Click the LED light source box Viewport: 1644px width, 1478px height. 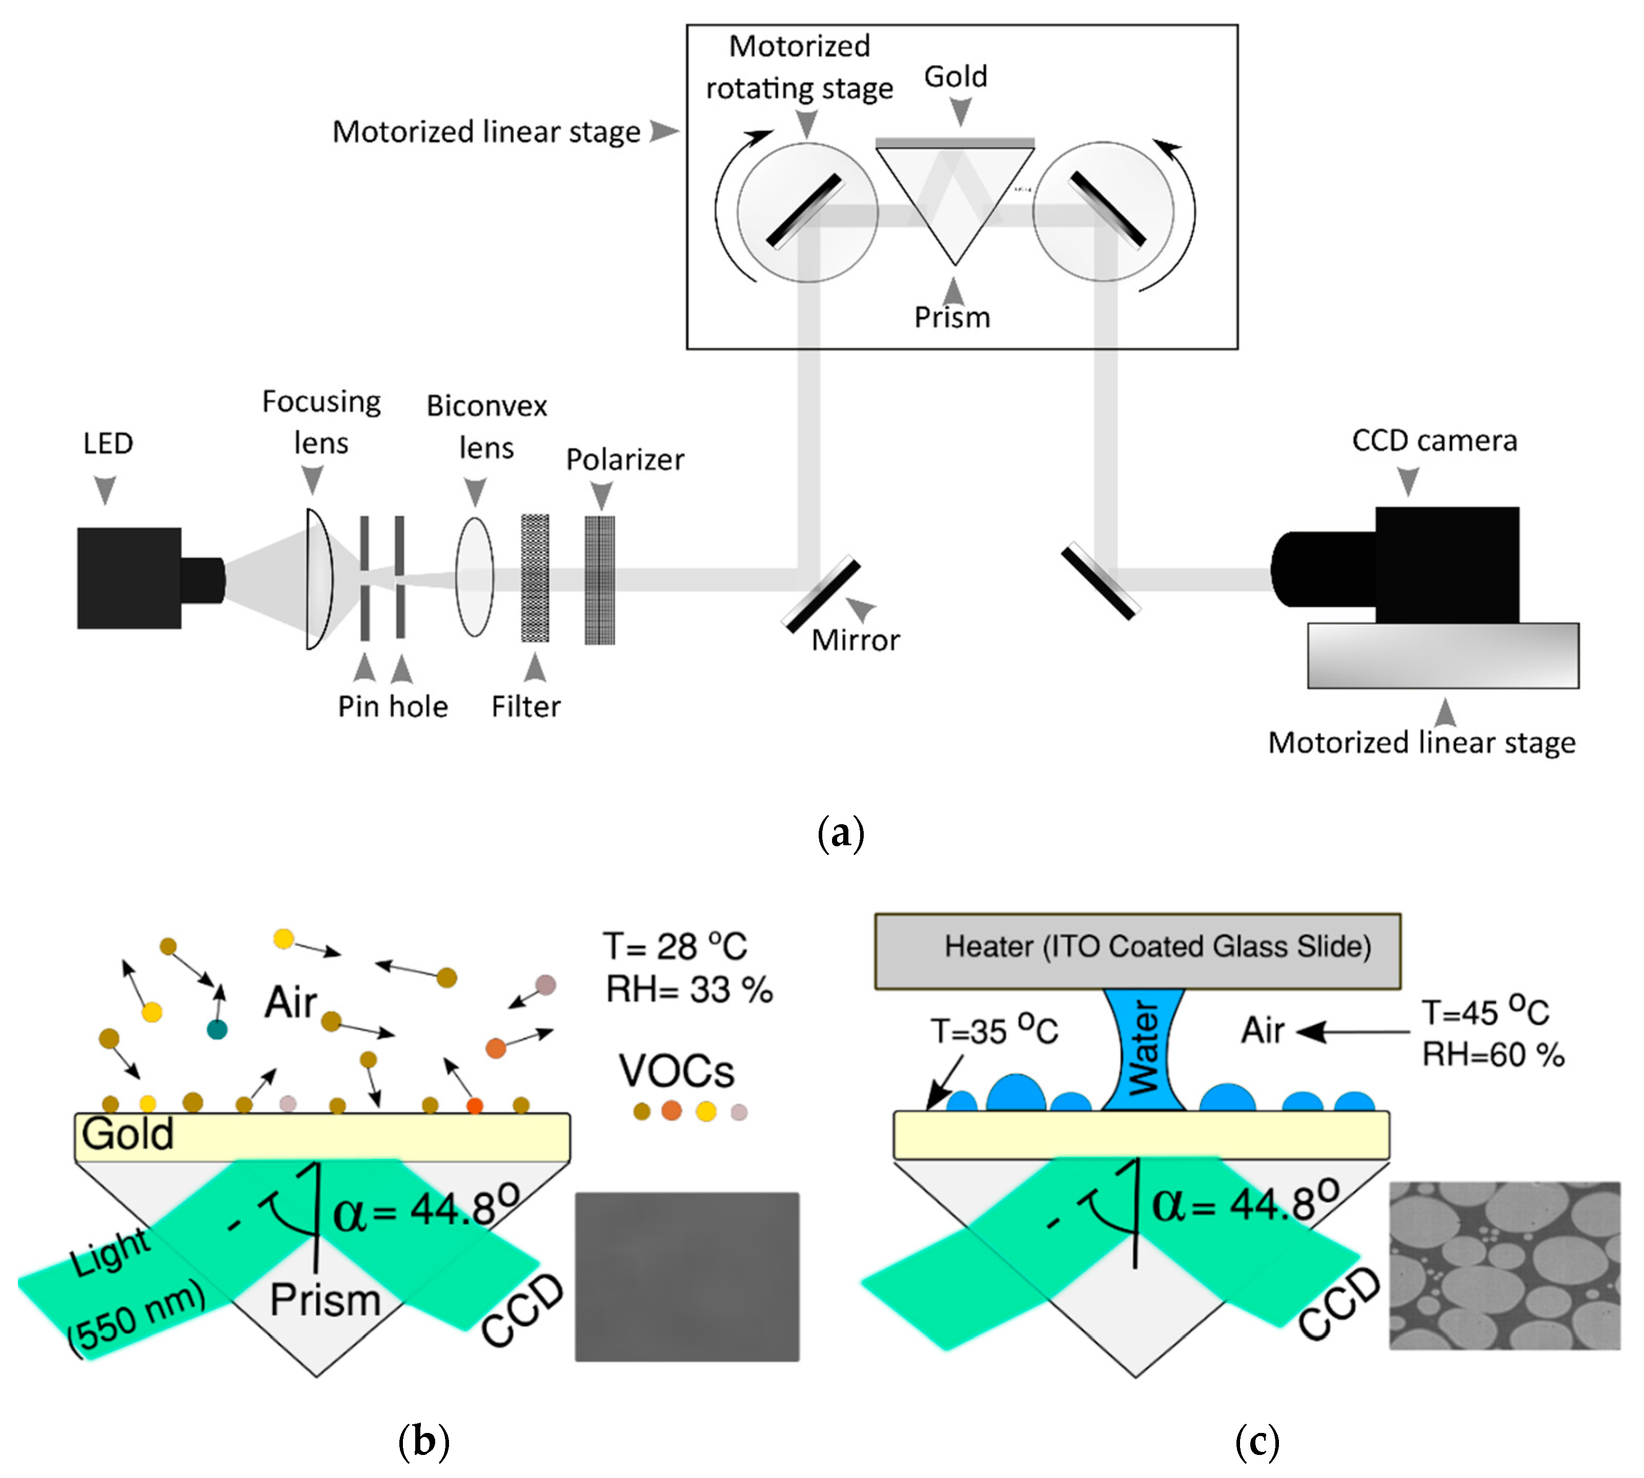150,578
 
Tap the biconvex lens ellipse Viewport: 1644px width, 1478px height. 474,576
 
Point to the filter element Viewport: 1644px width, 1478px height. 535,578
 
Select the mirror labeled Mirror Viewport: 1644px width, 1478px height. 820,594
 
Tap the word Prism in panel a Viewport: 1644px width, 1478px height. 952,317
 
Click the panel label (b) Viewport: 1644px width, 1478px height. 423,1442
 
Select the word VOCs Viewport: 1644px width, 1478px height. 677,1071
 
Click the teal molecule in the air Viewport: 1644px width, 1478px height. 217,1030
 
